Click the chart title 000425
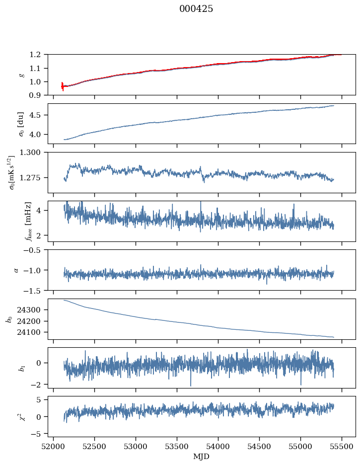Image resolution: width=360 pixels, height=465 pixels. pos(196,9)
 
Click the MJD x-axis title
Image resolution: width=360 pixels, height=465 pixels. pos(201,456)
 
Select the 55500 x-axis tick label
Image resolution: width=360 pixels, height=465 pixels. pos(342,447)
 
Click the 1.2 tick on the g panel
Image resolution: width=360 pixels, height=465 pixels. pos(38,55)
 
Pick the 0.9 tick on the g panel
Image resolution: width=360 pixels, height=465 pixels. pos(38,95)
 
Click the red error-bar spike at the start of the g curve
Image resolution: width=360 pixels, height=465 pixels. pos(63,86)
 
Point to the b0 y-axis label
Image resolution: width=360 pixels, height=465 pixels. pos(9,319)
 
